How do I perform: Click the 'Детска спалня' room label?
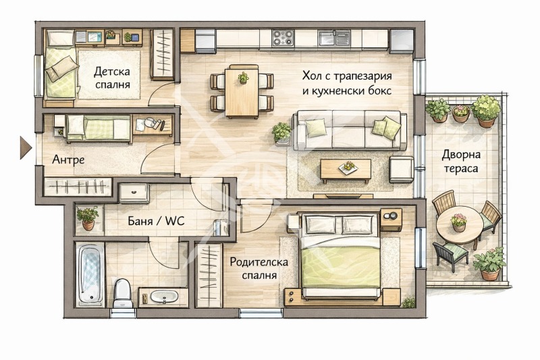click(112, 78)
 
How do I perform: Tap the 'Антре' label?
click(68, 160)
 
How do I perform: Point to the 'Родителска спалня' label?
click(253, 268)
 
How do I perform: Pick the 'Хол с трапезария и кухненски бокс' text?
click(347, 83)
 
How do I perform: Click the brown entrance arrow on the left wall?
click(26, 147)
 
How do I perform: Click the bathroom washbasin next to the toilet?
click(163, 296)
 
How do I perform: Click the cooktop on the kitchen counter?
click(282, 38)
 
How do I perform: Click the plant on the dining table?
click(243, 78)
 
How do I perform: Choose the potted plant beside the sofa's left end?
click(281, 132)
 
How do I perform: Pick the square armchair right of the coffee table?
click(401, 169)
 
